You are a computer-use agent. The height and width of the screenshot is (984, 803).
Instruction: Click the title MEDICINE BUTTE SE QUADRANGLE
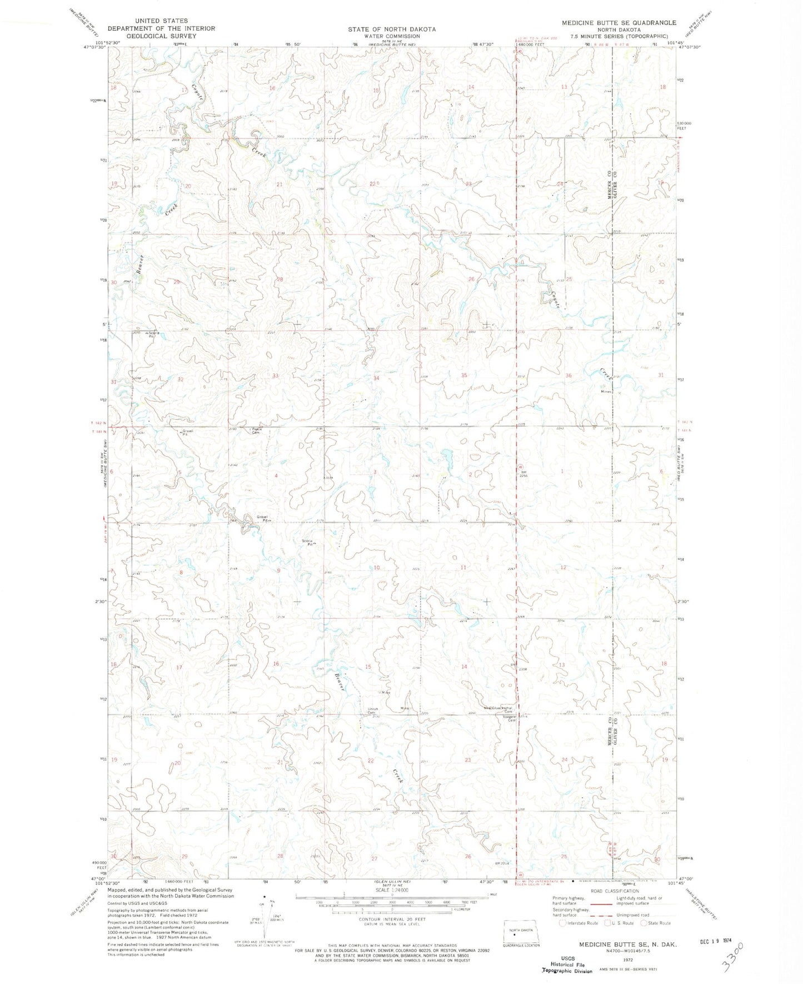[619, 23]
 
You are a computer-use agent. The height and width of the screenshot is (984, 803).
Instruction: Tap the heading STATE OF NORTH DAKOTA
[392, 29]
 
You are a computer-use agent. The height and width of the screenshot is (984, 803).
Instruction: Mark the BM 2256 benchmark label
[522, 474]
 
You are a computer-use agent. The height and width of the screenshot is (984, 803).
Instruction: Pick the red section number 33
[275, 376]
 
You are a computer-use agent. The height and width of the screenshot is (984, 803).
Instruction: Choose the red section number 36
[568, 376]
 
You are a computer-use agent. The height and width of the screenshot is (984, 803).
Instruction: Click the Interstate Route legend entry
[578, 923]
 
